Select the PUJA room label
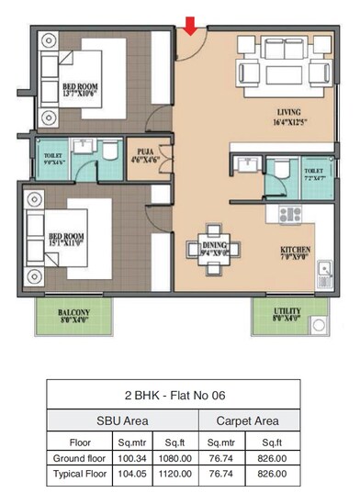[x=144, y=154]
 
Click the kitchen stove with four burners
[x=290, y=216]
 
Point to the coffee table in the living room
[x=282, y=73]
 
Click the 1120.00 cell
[x=174, y=474]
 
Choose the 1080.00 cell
[x=174, y=456]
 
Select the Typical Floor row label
[x=78, y=474]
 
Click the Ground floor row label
[x=78, y=456]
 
